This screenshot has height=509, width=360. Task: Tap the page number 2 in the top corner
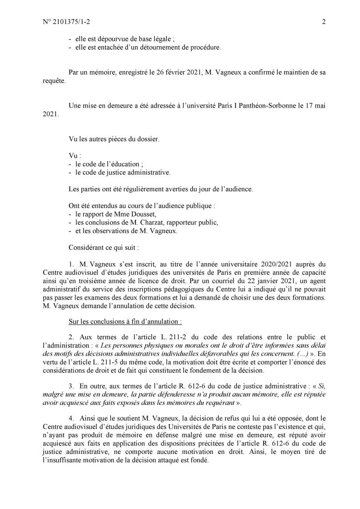[x=324, y=21]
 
